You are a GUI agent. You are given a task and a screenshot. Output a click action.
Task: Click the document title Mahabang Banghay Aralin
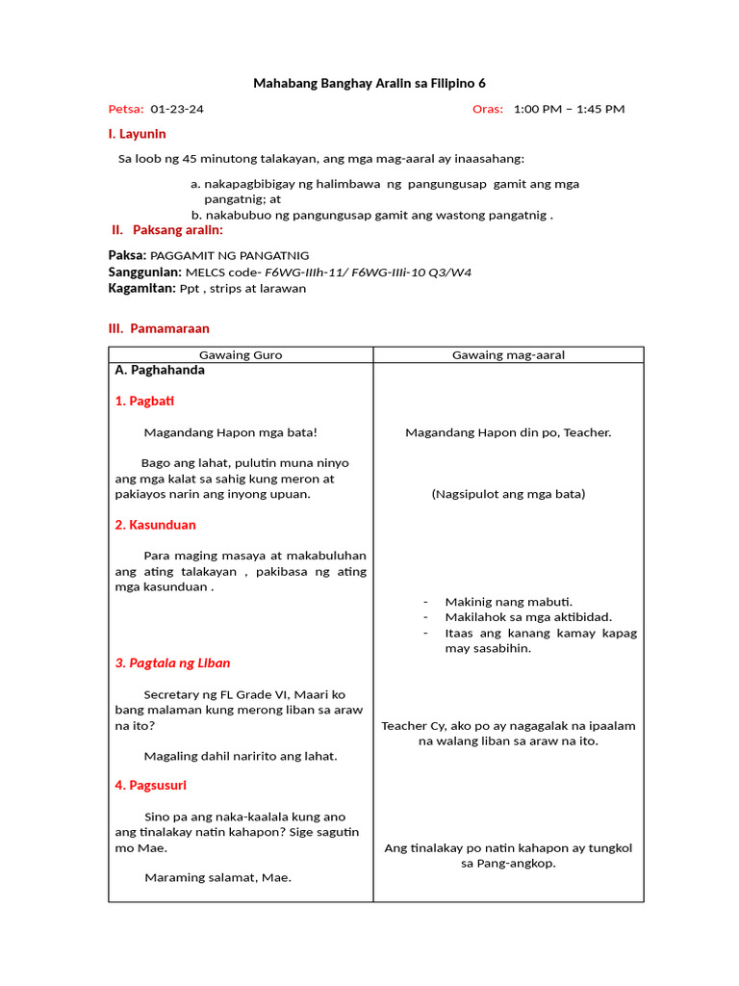(x=369, y=84)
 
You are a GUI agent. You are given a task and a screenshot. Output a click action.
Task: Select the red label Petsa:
(x=125, y=109)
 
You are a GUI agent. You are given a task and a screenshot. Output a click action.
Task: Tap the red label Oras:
(x=488, y=109)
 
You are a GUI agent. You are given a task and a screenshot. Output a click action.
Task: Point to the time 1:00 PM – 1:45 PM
(x=569, y=109)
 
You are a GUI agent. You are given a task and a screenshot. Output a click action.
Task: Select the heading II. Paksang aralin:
(x=167, y=230)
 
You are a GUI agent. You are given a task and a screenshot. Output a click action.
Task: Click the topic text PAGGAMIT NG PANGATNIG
(x=230, y=255)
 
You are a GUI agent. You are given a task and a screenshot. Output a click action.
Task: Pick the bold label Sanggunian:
(x=144, y=272)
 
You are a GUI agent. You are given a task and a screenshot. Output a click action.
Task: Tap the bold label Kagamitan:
(x=141, y=288)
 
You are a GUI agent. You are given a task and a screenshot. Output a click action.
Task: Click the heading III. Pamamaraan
(x=159, y=328)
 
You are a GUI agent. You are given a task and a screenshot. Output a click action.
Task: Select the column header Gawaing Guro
(x=240, y=355)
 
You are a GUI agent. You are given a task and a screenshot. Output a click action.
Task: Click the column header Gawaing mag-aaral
(x=508, y=355)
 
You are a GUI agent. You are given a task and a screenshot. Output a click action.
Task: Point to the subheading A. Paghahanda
(x=160, y=370)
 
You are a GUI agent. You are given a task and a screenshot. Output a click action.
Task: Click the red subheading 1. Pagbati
(x=144, y=401)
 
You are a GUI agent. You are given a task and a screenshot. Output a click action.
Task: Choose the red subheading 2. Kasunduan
(x=155, y=525)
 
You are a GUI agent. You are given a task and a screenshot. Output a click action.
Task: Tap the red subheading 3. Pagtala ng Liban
(x=172, y=663)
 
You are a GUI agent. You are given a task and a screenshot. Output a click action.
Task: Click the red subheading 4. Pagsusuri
(x=150, y=786)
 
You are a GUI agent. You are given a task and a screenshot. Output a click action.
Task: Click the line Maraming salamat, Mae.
(x=217, y=877)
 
